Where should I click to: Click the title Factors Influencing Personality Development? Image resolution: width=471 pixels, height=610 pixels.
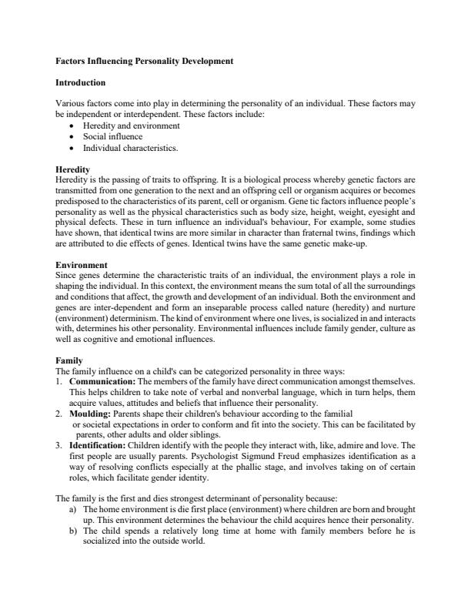pos(145,60)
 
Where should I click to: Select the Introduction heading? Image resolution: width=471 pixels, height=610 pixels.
pos(81,82)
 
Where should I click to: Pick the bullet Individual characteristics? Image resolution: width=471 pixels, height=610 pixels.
pos(130,147)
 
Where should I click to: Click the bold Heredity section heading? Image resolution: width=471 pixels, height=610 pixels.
pos(73,169)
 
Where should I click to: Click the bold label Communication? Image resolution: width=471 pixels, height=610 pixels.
pos(102,381)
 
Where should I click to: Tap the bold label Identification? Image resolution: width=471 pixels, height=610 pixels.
pos(100,445)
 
